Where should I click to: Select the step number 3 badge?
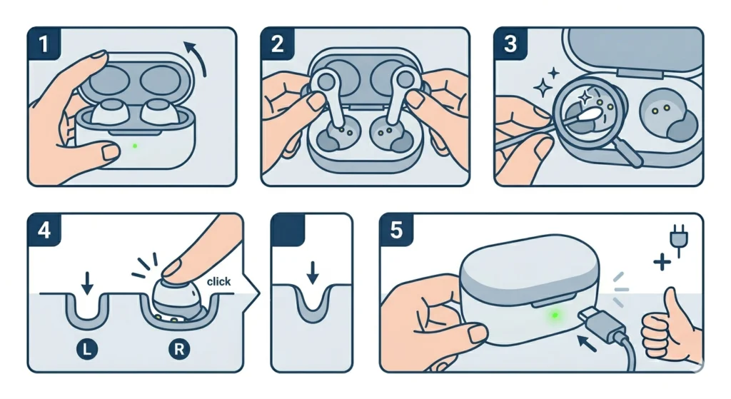point(510,44)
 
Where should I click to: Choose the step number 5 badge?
point(396,230)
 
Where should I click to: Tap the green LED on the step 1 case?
point(135,148)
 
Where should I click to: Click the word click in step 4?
point(218,281)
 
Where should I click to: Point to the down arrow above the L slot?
point(87,283)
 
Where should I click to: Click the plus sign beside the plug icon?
point(662,263)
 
